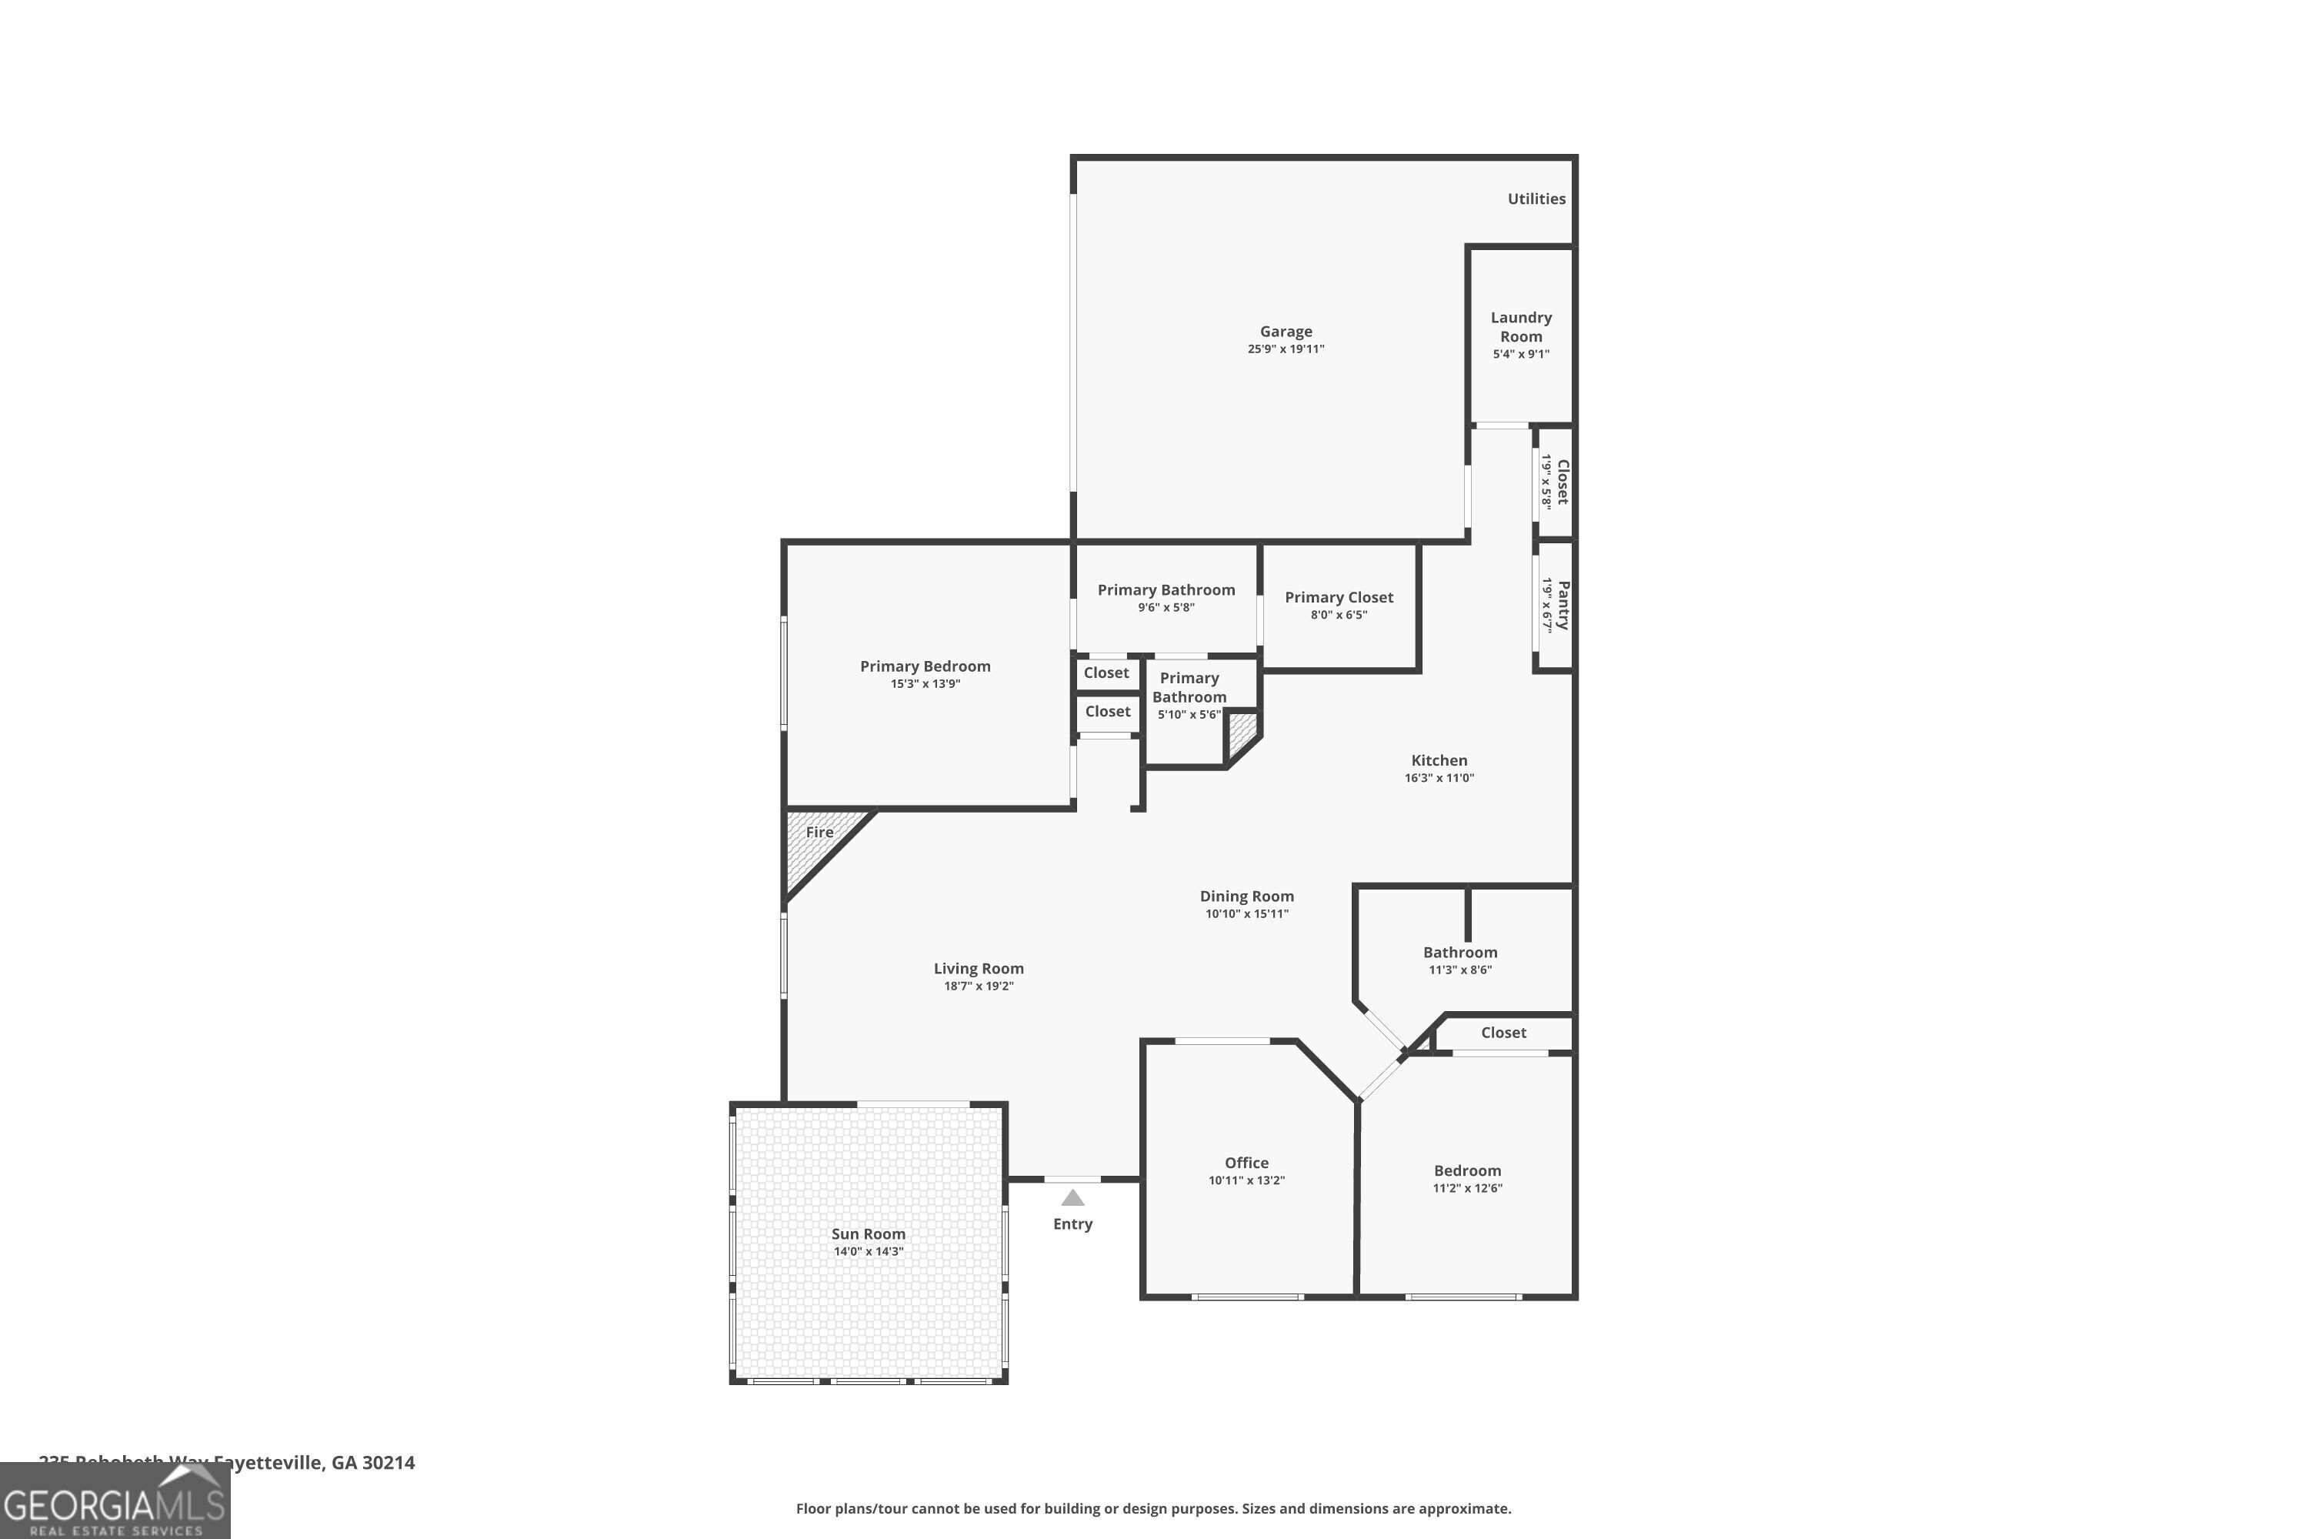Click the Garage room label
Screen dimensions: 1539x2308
click(x=1286, y=332)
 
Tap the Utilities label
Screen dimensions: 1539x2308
click(x=1536, y=199)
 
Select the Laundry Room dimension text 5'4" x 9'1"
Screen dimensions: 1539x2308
click(x=1520, y=354)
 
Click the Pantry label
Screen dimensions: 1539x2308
click(x=1563, y=605)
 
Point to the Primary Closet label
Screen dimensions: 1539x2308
click(x=1339, y=598)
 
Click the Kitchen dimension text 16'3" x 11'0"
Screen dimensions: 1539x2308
click(x=1439, y=778)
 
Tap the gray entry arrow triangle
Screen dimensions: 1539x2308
click(x=1072, y=1198)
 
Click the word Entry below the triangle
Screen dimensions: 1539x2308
click(x=1072, y=1224)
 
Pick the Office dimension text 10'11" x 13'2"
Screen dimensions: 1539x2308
click(x=1246, y=1180)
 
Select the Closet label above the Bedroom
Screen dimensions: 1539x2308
click(x=1503, y=1033)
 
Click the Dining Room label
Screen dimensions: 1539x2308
click(x=1246, y=896)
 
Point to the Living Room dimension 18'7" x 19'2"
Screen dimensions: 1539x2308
click(x=979, y=986)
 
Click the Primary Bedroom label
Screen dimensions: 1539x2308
click(x=926, y=666)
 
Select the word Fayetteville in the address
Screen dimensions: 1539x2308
click(x=268, y=1464)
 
